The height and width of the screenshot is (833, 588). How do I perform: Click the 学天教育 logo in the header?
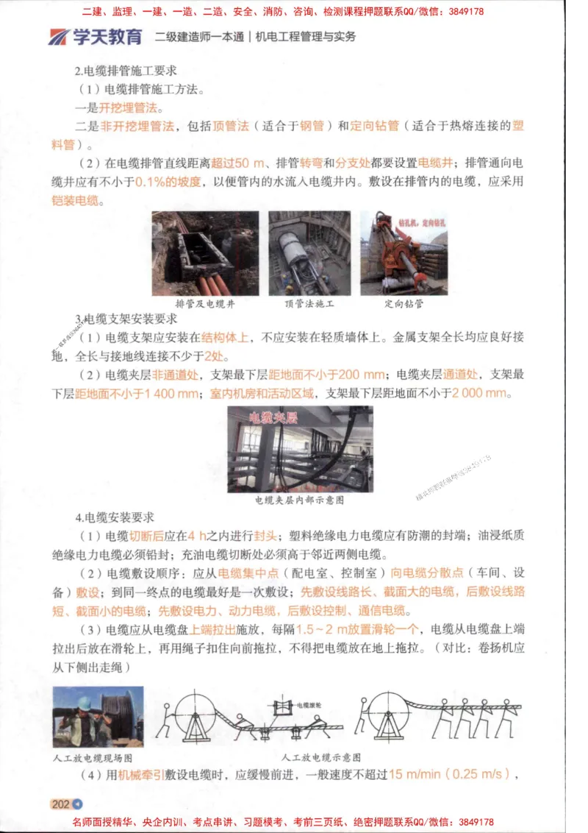pyautogui.click(x=96, y=36)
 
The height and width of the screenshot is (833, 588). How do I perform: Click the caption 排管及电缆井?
pyautogui.click(x=206, y=303)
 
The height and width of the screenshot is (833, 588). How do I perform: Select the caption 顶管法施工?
pyautogui.click(x=309, y=303)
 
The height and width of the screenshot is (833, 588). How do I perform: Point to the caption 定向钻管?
pyautogui.click(x=404, y=303)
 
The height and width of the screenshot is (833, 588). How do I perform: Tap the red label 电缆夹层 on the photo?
pyautogui.click(x=273, y=418)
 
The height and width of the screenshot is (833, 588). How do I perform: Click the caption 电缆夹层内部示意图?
pyautogui.click(x=300, y=500)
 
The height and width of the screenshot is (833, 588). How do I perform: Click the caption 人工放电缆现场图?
pyautogui.click(x=98, y=757)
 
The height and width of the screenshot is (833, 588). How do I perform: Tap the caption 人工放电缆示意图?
pyautogui.click(x=320, y=756)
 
